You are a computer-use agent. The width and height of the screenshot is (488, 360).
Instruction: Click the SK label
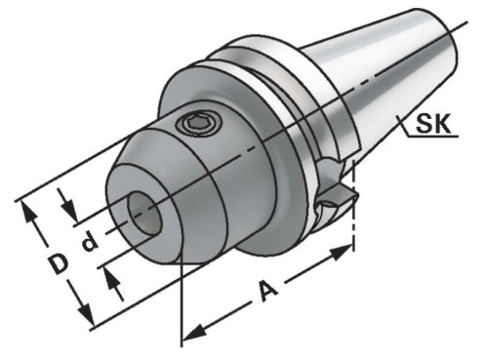(x=433, y=124)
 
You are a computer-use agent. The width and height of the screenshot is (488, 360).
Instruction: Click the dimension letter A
(x=268, y=291)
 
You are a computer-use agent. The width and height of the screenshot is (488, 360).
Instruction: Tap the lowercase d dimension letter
(x=89, y=241)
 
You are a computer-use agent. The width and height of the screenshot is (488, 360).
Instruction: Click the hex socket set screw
(x=198, y=124)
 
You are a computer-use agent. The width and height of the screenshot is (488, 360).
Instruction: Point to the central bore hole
(x=145, y=213)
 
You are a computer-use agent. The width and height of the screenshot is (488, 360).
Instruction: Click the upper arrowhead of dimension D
(x=28, y=213)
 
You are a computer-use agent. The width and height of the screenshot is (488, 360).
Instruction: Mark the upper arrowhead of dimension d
(x=69, y=209)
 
